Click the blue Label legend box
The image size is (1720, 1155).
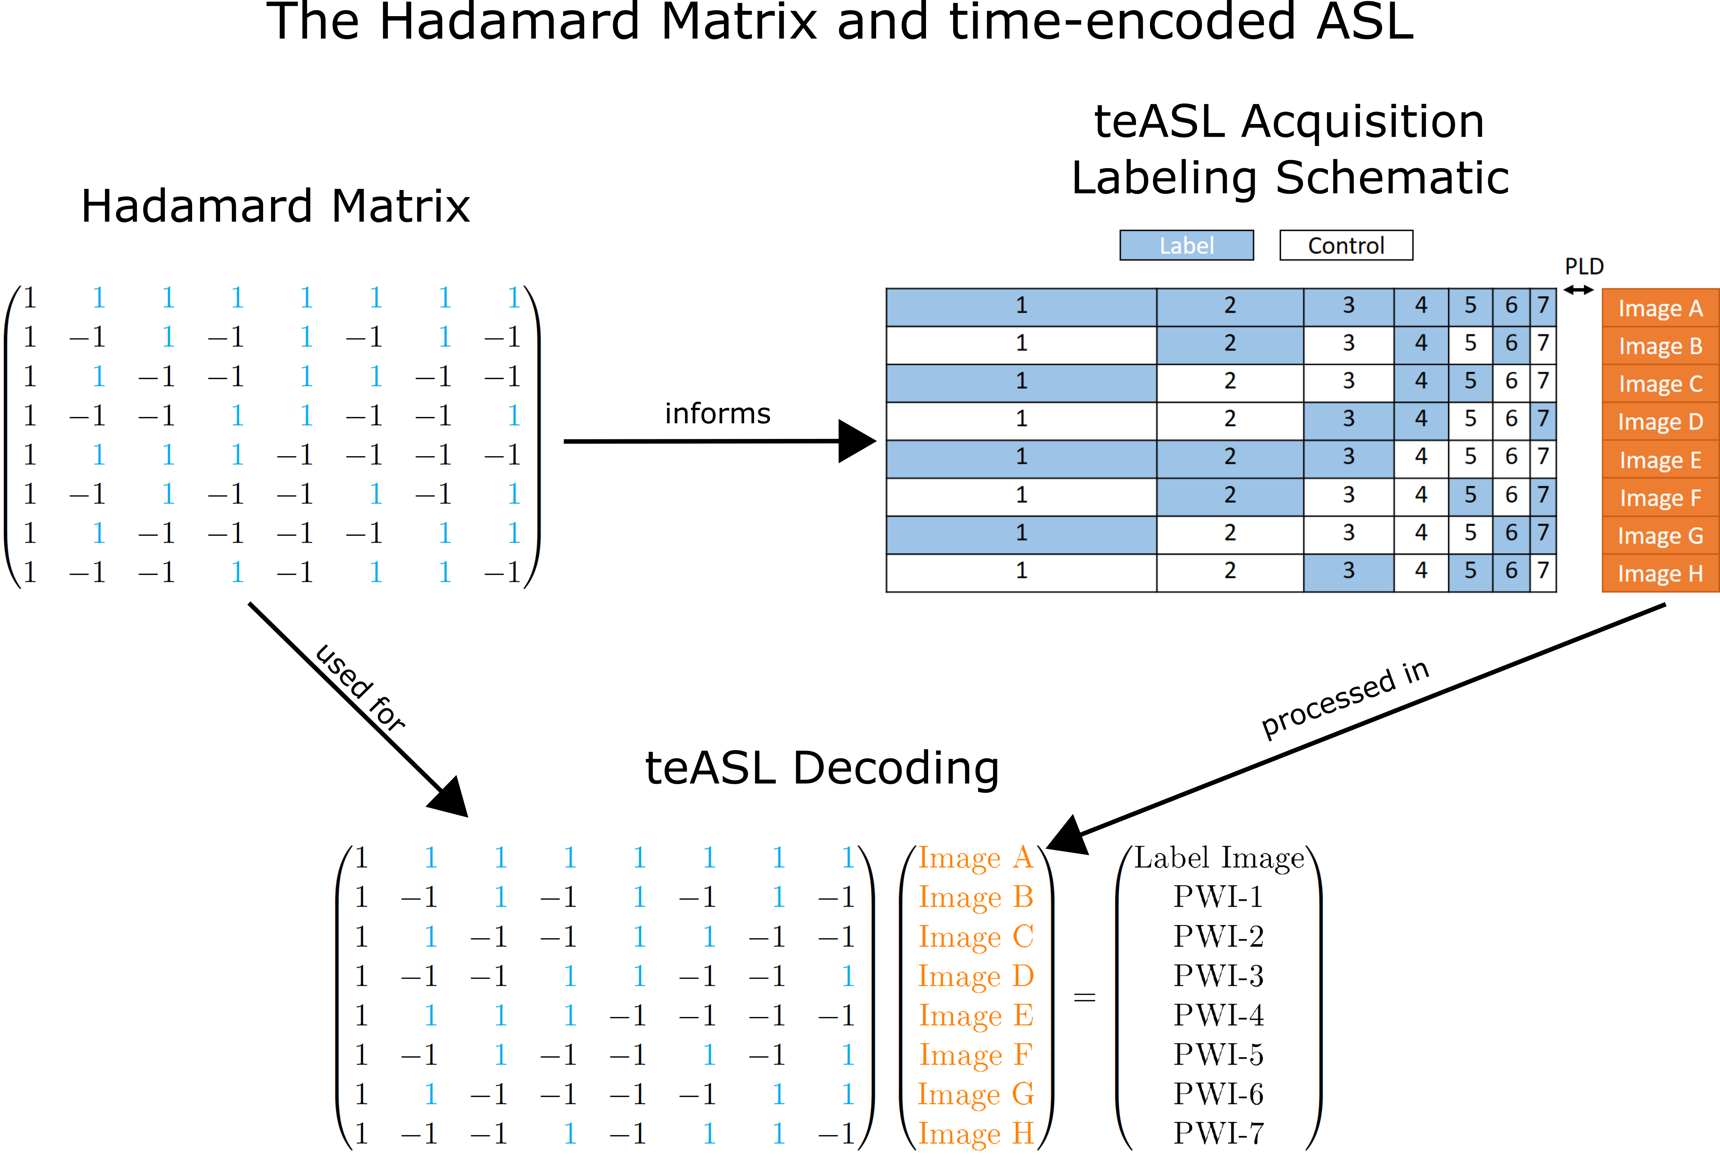(x=1186, y=245)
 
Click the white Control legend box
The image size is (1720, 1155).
(x=1346, y=245)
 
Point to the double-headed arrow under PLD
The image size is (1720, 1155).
(x=1578, y=290)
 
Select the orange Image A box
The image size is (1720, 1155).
(x=1660, y=308)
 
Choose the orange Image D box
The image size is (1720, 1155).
(x=1660, y=421)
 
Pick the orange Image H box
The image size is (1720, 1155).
(x=1660, y=573)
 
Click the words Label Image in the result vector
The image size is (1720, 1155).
(x=1218, y=858)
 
